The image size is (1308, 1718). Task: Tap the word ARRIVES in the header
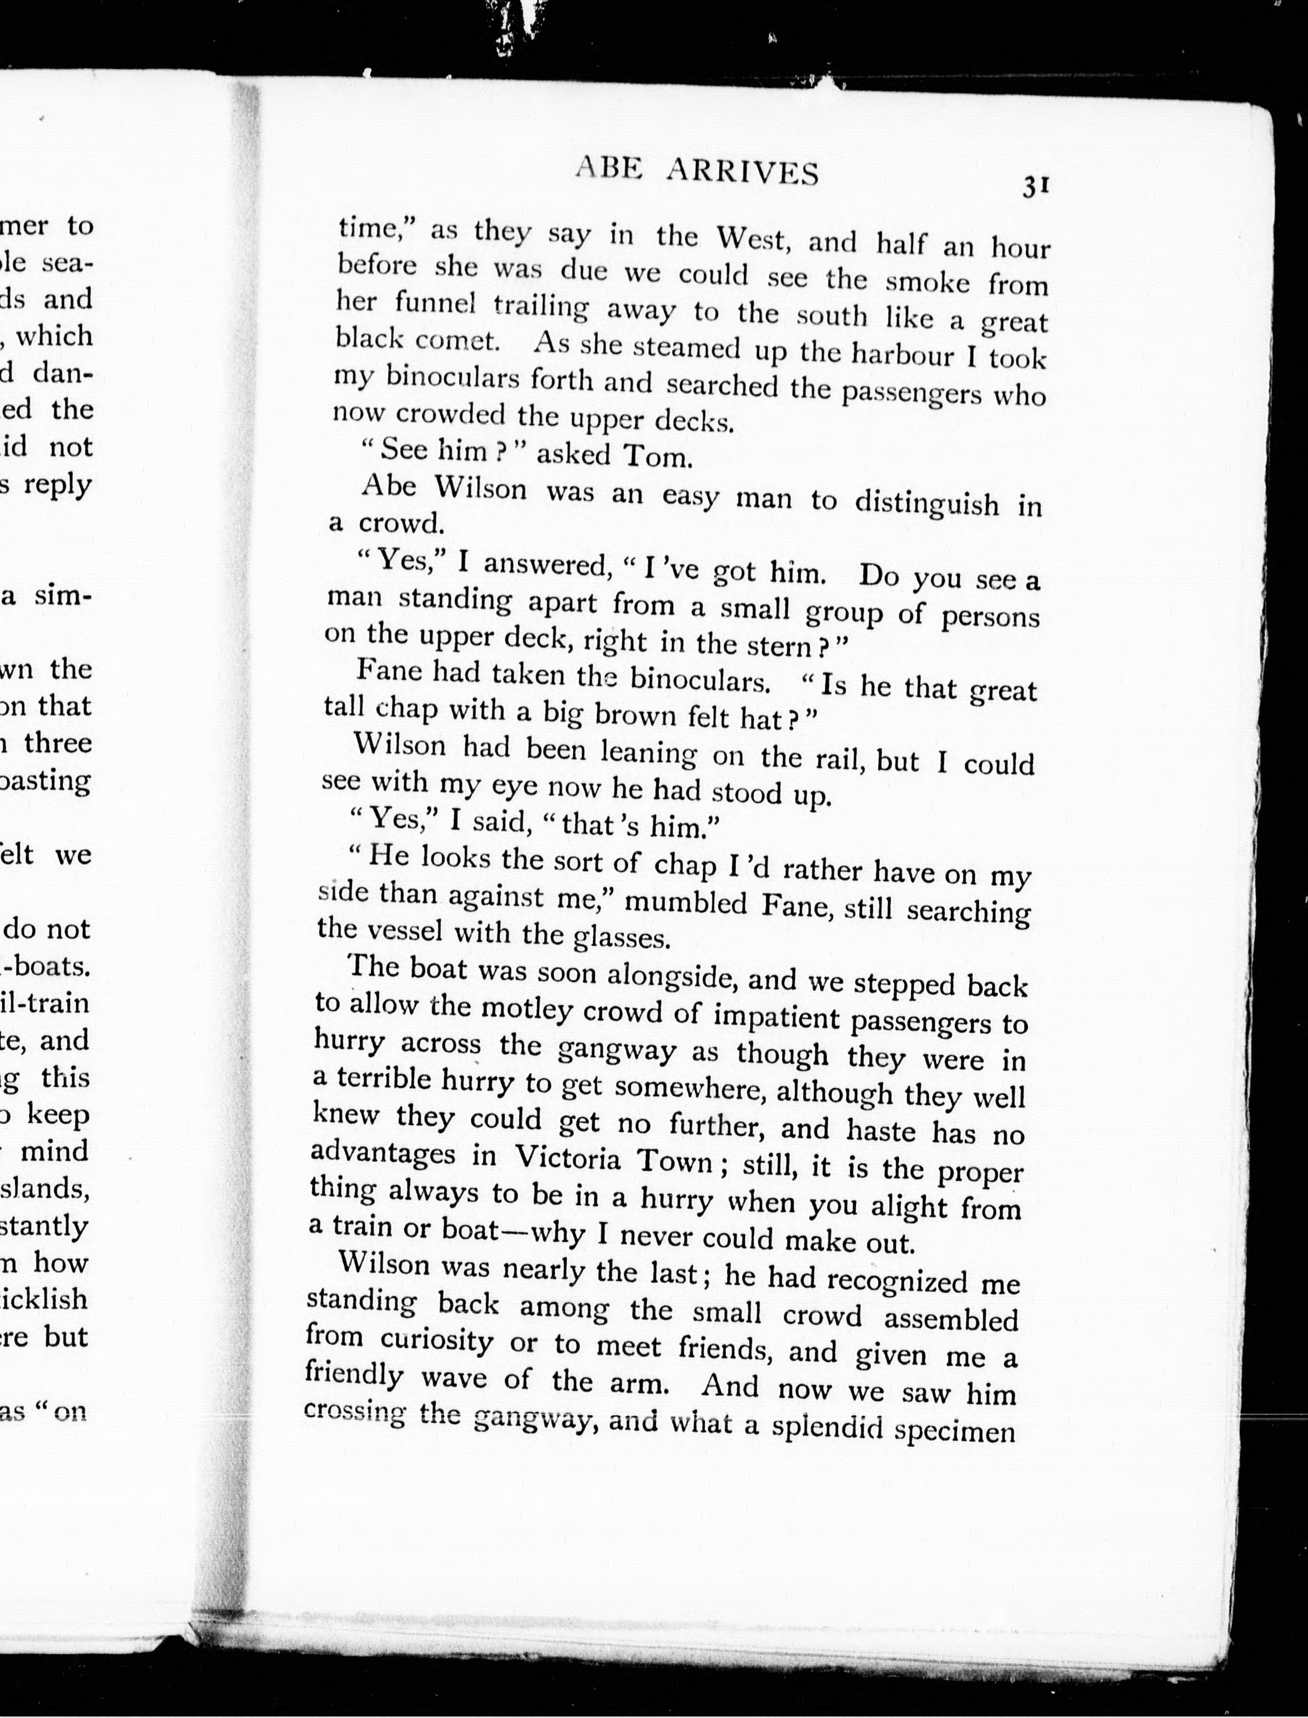click(742, 172)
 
